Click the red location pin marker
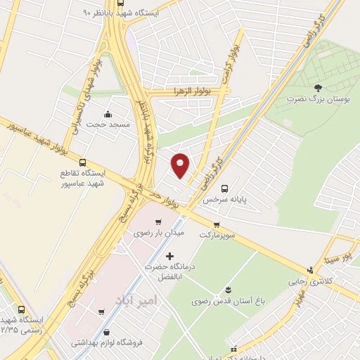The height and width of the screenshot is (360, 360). [x=181, y=165]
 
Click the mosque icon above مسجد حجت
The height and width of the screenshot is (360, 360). [x=108, y=114]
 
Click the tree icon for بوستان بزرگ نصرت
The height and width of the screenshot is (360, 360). [x=319, y=88]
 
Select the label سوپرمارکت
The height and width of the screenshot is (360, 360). [x=221, y=234]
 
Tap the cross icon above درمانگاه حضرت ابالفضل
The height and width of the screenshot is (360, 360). [x=169, y=256]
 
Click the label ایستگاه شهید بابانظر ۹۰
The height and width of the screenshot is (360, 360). [x=120, y=13]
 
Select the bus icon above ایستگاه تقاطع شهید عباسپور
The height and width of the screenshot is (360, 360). [x=84, y=162]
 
